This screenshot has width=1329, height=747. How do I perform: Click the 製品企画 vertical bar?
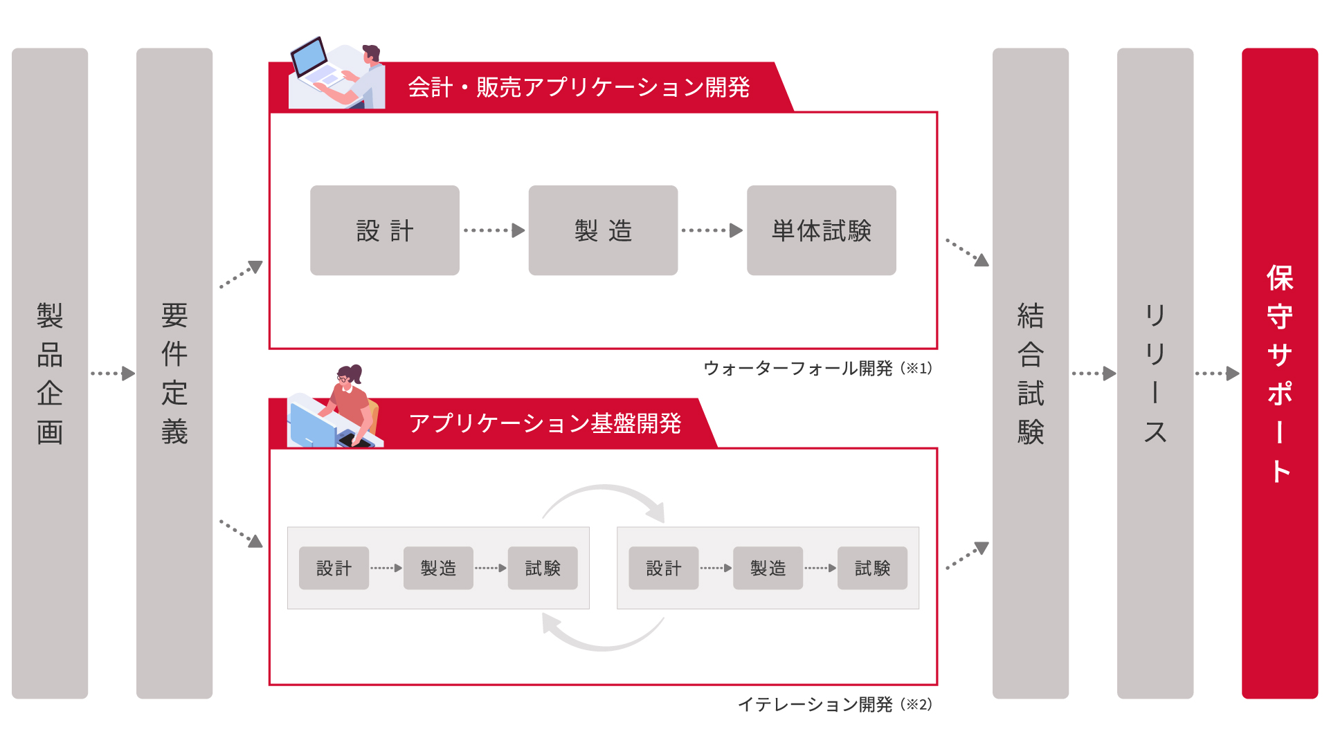tap(50, 373)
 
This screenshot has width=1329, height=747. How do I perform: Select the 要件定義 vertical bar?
tap(174, 373)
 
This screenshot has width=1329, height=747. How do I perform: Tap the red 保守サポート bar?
tap(1279, 373)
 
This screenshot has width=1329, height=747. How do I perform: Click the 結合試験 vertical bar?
tap(1030, 373)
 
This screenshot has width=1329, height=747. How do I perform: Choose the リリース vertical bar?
tap(1155, 373)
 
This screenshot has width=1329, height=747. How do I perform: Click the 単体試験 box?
tap(821, 230)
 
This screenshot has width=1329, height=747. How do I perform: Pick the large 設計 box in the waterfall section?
tap(385, 230)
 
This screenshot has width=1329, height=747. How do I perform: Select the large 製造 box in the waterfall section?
tap(603, 230)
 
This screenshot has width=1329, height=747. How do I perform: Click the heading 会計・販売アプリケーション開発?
tap(579, 87)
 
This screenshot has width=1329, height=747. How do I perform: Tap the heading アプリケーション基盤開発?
tap(545, 423)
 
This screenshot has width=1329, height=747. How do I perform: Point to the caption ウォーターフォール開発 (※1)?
tap(817, 368)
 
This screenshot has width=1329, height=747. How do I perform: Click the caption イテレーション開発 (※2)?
tap(835, 704)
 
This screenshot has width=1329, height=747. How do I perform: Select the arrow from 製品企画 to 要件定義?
tap(113, 373)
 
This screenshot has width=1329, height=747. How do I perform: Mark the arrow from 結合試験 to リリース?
tap(1094, 373)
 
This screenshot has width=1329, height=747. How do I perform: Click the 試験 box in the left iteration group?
tap(543, 568)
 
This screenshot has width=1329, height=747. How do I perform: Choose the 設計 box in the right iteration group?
tap(663, 568)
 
